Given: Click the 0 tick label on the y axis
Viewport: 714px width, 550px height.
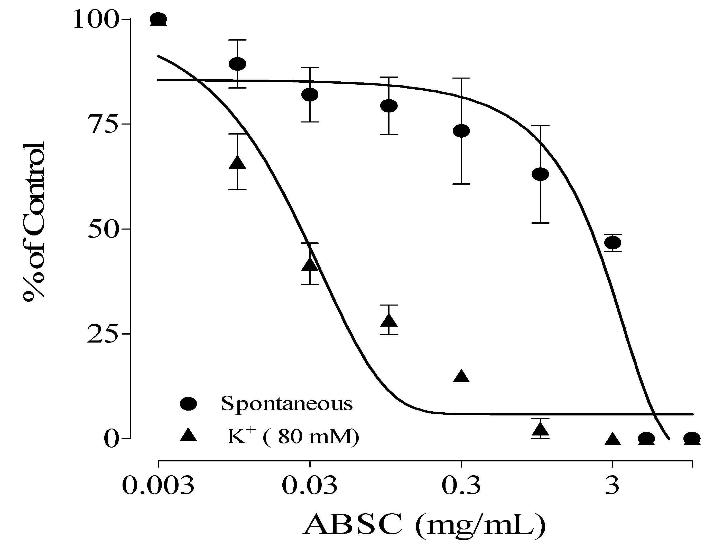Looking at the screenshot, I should (110, 439).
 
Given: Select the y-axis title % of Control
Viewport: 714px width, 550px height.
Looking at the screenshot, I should (34, 222).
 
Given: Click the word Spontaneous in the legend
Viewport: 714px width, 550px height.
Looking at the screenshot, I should (287, 404).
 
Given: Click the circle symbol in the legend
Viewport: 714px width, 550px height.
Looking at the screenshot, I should (189, 404).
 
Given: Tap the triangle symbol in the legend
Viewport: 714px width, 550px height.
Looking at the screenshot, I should (189, 435).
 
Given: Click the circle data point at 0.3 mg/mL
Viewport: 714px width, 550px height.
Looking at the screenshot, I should (461, 131).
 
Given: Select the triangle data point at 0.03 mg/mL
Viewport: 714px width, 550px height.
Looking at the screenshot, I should (310, 264).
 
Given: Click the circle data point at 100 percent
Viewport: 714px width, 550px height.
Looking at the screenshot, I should (159, 19).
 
